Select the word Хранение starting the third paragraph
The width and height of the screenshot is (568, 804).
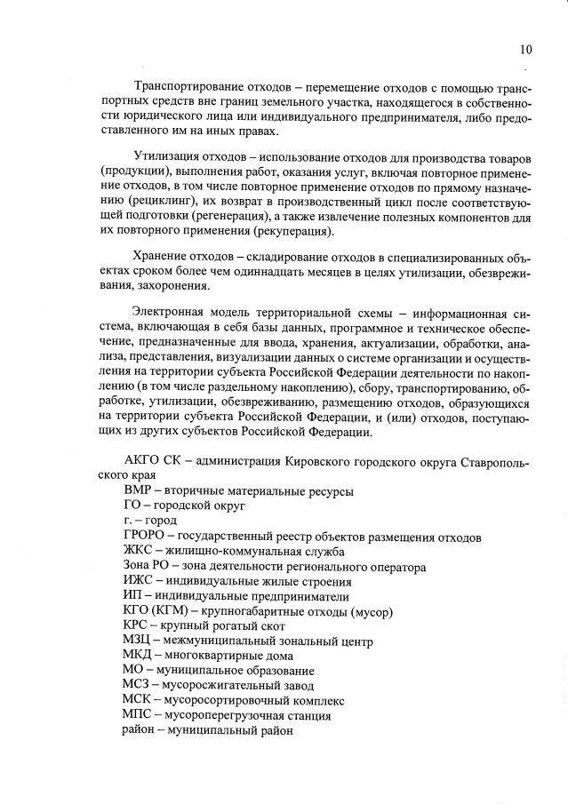click(160, 257)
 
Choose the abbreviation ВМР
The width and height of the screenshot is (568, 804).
click(138, 490)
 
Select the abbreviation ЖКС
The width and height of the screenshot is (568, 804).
click(138, 551)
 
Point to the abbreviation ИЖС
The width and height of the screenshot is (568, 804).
click(138, 581)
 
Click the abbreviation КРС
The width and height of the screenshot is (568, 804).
click(137, 625)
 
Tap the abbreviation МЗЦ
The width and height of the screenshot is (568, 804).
click(137, 641)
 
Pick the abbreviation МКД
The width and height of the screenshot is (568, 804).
click(139, 656)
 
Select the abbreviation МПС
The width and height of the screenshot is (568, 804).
click(138, 715)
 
